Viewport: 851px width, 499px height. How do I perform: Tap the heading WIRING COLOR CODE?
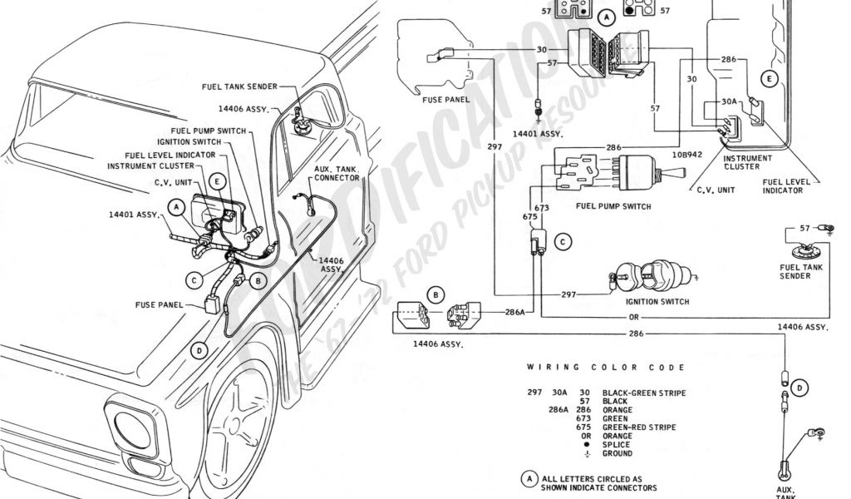click(x=606, y=367)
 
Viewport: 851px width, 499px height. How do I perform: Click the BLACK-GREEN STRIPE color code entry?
click(x=644, y=393)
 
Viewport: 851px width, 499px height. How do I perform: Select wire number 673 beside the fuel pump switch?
click(x=542, y=207)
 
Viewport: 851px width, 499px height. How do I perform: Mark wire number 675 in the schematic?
click(x=529, y=217)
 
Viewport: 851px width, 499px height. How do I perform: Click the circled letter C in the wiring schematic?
click(x=563, y=242)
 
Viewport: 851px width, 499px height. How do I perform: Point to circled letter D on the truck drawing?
click(x=198, y=350)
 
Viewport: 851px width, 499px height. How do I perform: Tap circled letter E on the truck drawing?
click(x=218, y=180)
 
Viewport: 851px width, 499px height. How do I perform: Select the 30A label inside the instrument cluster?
click(x=729, y=101)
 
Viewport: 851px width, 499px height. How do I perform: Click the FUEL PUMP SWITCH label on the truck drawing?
click(x=208, y=131)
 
